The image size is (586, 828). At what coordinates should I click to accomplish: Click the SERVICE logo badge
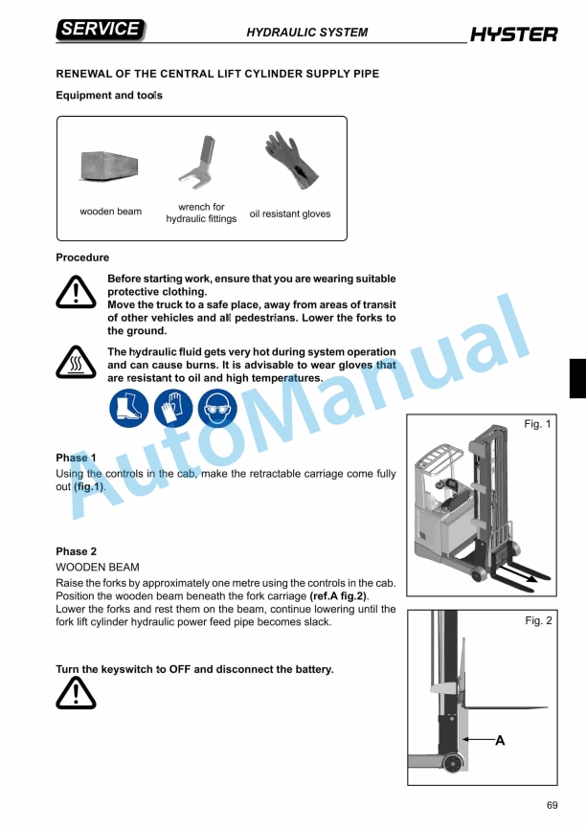point(101,30)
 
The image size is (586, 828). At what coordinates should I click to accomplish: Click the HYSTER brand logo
point(513,35)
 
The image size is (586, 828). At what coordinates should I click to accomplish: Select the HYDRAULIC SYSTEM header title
point(306,33)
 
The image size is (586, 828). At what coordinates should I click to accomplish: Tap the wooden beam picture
point(110,168)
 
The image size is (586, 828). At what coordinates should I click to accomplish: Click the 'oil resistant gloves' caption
point(289,213)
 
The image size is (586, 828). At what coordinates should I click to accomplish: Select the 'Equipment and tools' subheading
point(109,96)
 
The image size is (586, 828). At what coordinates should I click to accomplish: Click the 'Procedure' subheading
point(82,257)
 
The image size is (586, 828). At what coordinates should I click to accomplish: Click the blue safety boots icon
point(129,408)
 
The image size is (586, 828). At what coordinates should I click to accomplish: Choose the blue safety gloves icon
point(173,408)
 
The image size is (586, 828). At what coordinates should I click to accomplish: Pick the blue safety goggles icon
point(216,408)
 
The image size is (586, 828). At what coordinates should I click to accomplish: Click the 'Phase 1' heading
point(77,458)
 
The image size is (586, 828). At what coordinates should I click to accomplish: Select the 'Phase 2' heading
point(77,551)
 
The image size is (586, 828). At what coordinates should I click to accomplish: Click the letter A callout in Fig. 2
point(500,740)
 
